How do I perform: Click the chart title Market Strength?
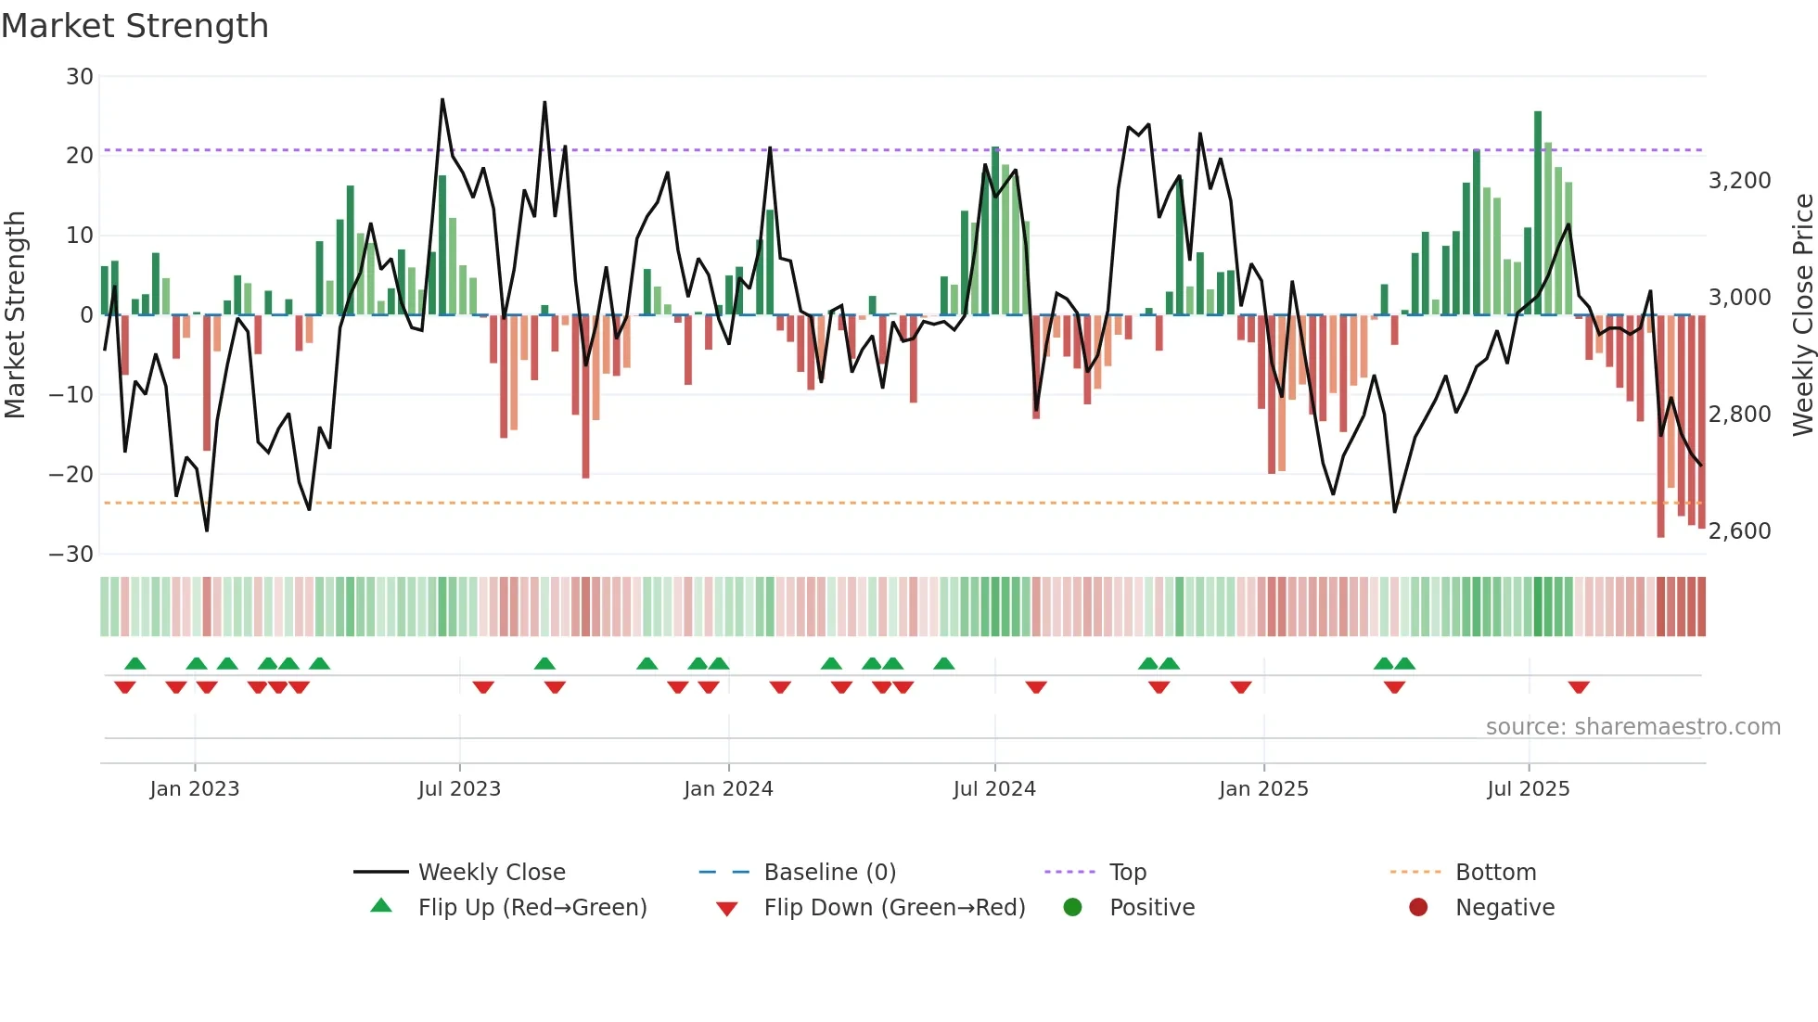(x=134, y=26)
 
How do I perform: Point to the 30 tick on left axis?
(x=80, y=77)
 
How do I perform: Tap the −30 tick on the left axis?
(x=71, y=555)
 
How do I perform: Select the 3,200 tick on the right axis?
(x=1739, y=181)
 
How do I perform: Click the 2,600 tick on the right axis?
(x=1739, y=531)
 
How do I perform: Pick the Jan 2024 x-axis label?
(x=728, y=789)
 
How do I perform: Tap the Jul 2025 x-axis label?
(x=1528, y=789)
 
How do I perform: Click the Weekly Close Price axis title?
(x=1802, y=315)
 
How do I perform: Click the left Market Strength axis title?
(x=16, y=315)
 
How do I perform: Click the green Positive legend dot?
(x=1073, y=908)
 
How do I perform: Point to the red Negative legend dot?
(x=1418, y=908)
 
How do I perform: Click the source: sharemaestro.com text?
(x=1632, y=727)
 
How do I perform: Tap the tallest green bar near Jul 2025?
(x=1538, y=213)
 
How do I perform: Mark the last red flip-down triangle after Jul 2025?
(x=1579, y=687)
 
